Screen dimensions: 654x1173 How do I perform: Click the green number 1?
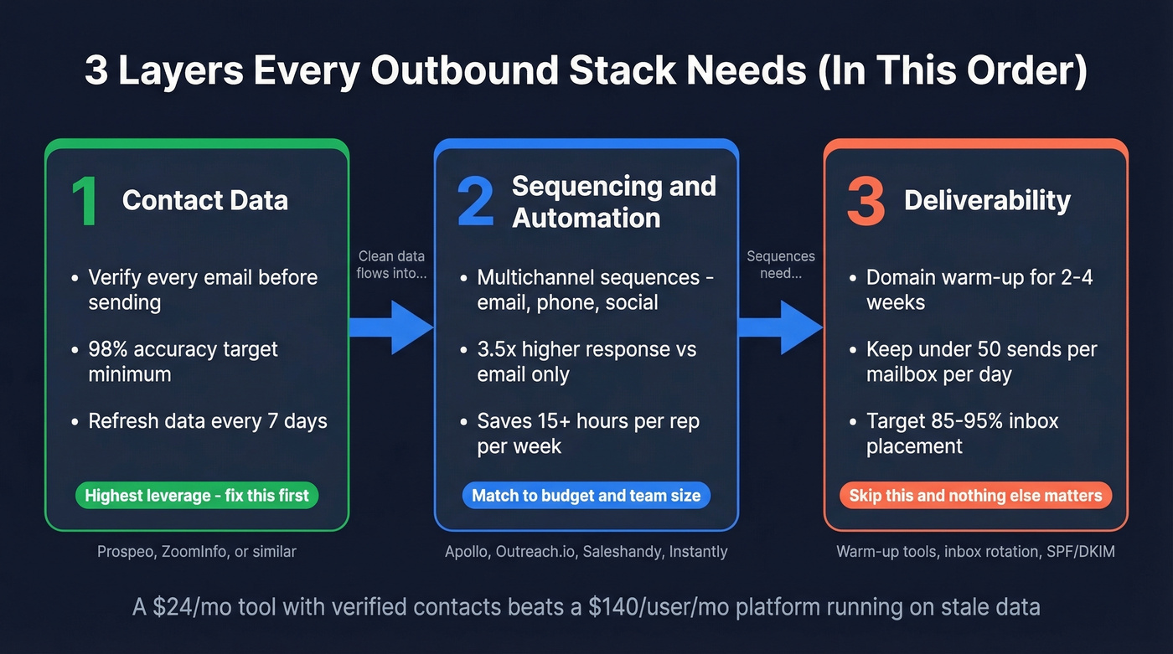tap(85, 202)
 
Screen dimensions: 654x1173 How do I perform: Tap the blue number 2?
tap(475, 202)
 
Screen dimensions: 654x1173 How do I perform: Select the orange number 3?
tap(866, 202)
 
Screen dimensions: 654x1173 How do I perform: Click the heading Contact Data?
tap(205, 200)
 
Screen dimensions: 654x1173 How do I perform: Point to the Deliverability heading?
tap(987, 200)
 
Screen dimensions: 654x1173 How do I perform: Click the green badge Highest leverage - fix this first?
tap(197, 495)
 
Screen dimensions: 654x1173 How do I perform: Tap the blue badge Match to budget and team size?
tap(586, 495)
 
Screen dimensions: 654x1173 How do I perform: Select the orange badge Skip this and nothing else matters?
tap(975, 495)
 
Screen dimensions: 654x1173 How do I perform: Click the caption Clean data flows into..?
tap(391, 265)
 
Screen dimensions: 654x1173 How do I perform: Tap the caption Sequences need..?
tap(781, 265)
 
